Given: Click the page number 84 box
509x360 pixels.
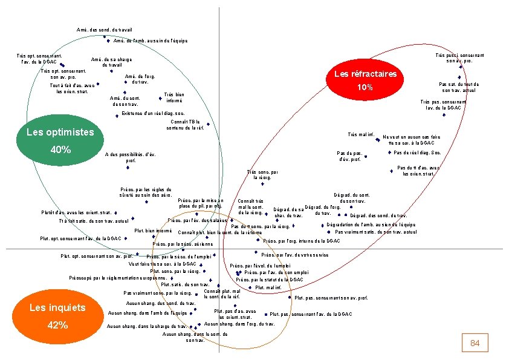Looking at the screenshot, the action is tap(475, 343).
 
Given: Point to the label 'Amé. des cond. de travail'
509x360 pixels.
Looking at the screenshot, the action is tap(105, 30).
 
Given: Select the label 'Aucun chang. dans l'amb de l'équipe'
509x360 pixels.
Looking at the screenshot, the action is tap(147, 313).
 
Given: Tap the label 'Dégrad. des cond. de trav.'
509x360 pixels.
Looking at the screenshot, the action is tap(378, 215).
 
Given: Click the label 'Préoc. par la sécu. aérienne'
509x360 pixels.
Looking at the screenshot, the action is tap(183, 244).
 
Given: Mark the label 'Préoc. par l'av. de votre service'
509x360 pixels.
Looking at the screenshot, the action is tap(294, 255).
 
